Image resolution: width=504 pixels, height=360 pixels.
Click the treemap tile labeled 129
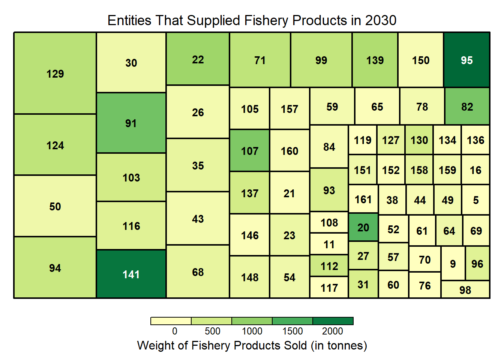pos(55,73)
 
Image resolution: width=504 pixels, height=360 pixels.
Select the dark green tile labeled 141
pos(131,274)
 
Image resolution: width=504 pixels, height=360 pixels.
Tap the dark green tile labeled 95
pos(467,60)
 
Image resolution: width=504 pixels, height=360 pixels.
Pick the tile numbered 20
pos(363,228)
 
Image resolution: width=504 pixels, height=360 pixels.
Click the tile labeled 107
pos(250,151)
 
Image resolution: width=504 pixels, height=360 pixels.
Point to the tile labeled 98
pos(465,290)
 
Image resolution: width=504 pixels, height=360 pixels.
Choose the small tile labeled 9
pos(453,264)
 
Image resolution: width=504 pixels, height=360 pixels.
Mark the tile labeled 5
pos(476,200)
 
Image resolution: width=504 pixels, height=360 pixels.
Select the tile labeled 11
pos(329,244)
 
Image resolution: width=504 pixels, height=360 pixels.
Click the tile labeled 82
pos(467,106)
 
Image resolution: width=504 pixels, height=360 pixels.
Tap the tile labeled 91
pos(131,123)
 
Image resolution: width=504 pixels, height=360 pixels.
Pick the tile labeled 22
pos(198,59)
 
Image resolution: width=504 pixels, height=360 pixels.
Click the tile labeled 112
pos(329,266)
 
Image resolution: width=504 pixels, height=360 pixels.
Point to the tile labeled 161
pos(363,199)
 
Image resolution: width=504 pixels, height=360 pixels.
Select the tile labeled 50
pos(55,206)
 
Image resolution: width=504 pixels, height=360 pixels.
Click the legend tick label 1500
pos(292,331)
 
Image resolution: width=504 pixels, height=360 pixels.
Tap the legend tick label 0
pos(175,331)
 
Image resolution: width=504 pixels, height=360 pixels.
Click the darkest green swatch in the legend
pos(333,321)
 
